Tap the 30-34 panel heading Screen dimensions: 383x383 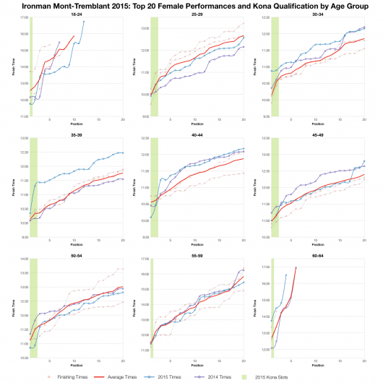pyautogui.click(x=317, y=14)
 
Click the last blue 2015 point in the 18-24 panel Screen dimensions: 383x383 pyautogui.click(x=84, y=22)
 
